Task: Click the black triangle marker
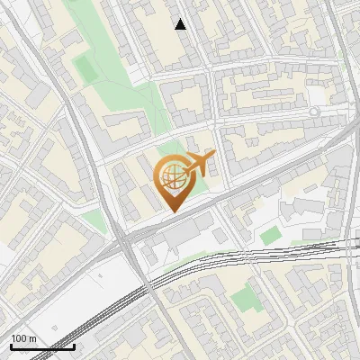click(181, 24)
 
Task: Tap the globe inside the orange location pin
click(172, 176)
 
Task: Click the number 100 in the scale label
click(19, 339)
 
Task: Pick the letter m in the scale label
click(32, 339)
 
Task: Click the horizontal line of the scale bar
click(42, 347)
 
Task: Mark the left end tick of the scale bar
click(11, 346)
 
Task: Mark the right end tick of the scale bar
click(74, 346)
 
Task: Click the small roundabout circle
click(314, 111)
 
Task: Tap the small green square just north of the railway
click(270, 235)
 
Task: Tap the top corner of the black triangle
click(181, 19)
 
